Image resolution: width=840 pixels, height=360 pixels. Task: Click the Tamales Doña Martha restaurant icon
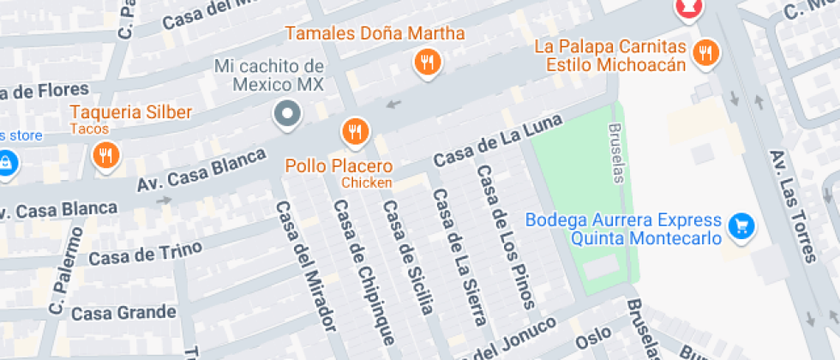427,62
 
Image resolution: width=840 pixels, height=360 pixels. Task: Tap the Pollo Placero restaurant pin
355,131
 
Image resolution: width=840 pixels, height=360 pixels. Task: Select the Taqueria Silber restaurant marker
105,155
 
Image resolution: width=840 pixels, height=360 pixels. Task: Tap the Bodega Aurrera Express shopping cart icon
740,226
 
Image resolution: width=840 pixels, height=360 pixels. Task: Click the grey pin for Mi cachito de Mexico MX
286,113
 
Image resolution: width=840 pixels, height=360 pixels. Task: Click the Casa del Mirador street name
304,266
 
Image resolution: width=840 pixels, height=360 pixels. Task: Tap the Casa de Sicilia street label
408,256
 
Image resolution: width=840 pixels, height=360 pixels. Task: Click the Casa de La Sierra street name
459,256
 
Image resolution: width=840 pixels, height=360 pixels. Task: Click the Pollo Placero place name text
339,166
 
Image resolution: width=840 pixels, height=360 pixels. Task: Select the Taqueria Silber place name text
130,112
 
